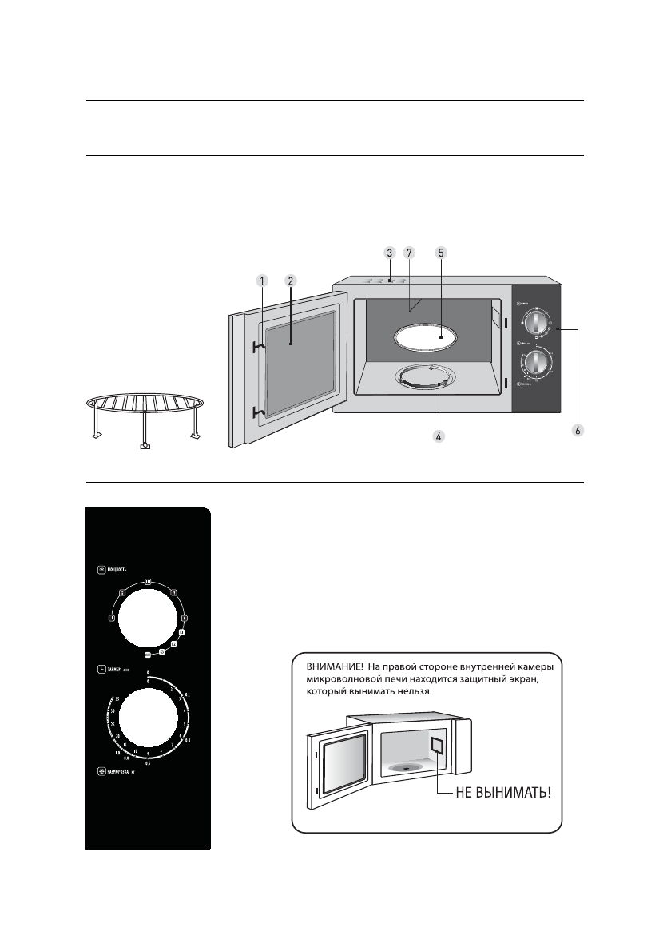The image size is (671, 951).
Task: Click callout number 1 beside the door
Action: click(260, 281)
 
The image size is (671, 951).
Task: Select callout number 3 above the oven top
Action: click(389, 252)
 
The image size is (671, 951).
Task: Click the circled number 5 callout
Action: click(440, 252)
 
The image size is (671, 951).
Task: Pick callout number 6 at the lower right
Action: click(578, 431)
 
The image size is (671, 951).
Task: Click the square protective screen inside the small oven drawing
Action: click(438, 747)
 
